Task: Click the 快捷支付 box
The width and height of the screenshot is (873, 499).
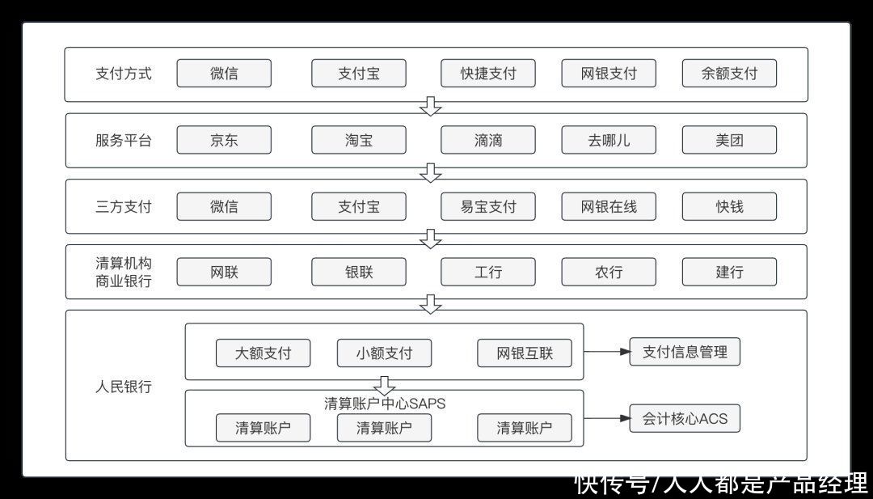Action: (x=488, y=74)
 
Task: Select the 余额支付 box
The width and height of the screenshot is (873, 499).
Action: (x=729, y=74)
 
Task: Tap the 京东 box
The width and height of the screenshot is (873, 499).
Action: (x=224, y=140)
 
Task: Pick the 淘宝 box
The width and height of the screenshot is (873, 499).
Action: (x=358, y=140)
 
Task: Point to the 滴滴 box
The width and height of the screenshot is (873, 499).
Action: (x=488, y=140)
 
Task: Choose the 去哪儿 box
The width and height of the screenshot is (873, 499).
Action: (x=609, y=140)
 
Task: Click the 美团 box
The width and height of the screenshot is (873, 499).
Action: (x=729, y=140)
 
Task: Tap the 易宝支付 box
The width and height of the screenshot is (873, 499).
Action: (x=488, y=206)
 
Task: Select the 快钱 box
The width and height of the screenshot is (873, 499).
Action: (x=729, y=206)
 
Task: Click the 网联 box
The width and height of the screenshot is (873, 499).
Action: (x=224, y=272)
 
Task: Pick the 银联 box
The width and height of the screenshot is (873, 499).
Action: (x=358, y=272)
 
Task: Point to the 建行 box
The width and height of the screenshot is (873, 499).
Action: (x=729, y=272)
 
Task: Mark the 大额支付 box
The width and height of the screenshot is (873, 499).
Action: (x=263, y=353)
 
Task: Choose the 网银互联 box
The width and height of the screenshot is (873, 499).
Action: (x=525, y=353)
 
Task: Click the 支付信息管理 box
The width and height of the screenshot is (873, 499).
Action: (x=685, y=352)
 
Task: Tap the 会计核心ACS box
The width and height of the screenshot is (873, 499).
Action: (x=685, y=419)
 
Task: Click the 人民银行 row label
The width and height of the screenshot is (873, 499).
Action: (x=123, y=387)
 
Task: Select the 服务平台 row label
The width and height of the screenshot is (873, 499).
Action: (x=123, y=140)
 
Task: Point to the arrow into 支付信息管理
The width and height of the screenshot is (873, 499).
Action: (x=606, y=352)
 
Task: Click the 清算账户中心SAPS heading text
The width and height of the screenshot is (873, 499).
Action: (x=385, y=404)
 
